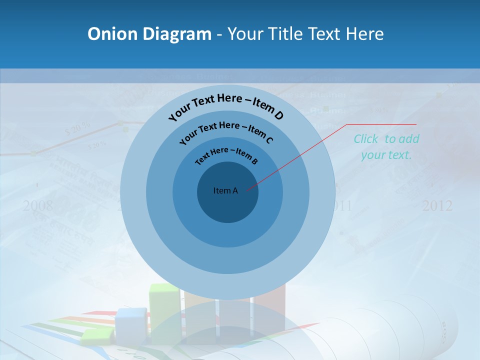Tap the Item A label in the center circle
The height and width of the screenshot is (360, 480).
(225, 190)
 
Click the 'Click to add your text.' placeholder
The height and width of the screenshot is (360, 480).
(386, 147)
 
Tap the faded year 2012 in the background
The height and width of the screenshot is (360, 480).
(437, 205)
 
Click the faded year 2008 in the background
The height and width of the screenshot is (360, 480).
(37, 205)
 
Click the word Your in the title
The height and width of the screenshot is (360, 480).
(246, 34)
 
